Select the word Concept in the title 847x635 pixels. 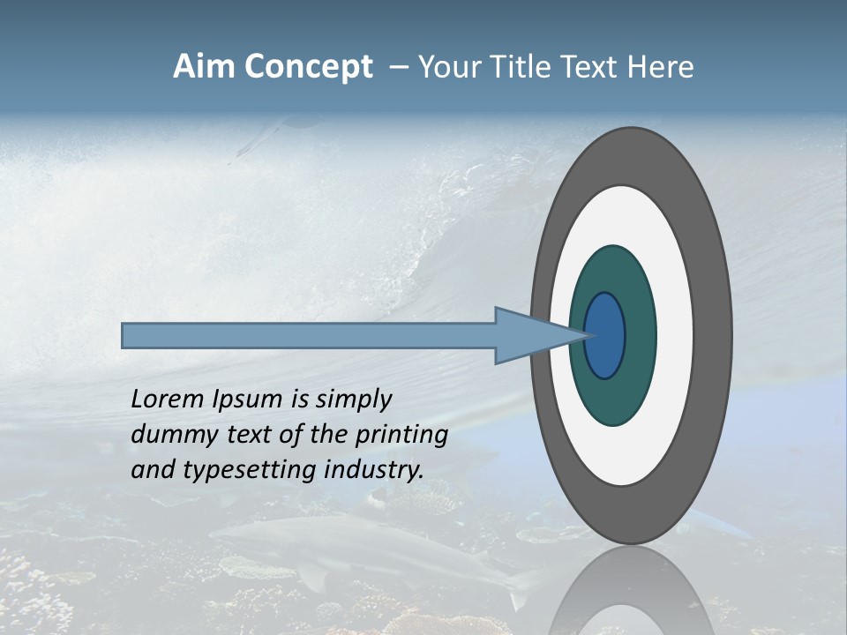[x=307, y=68]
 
